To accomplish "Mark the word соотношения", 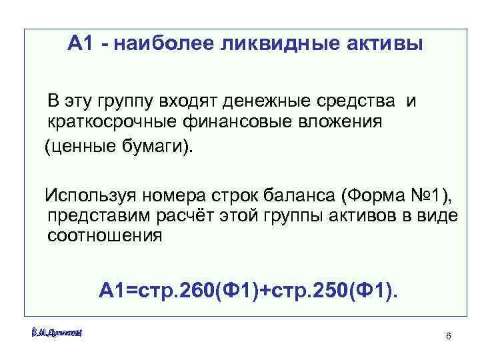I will coord(105,236).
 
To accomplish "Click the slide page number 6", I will coord(449,335).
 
